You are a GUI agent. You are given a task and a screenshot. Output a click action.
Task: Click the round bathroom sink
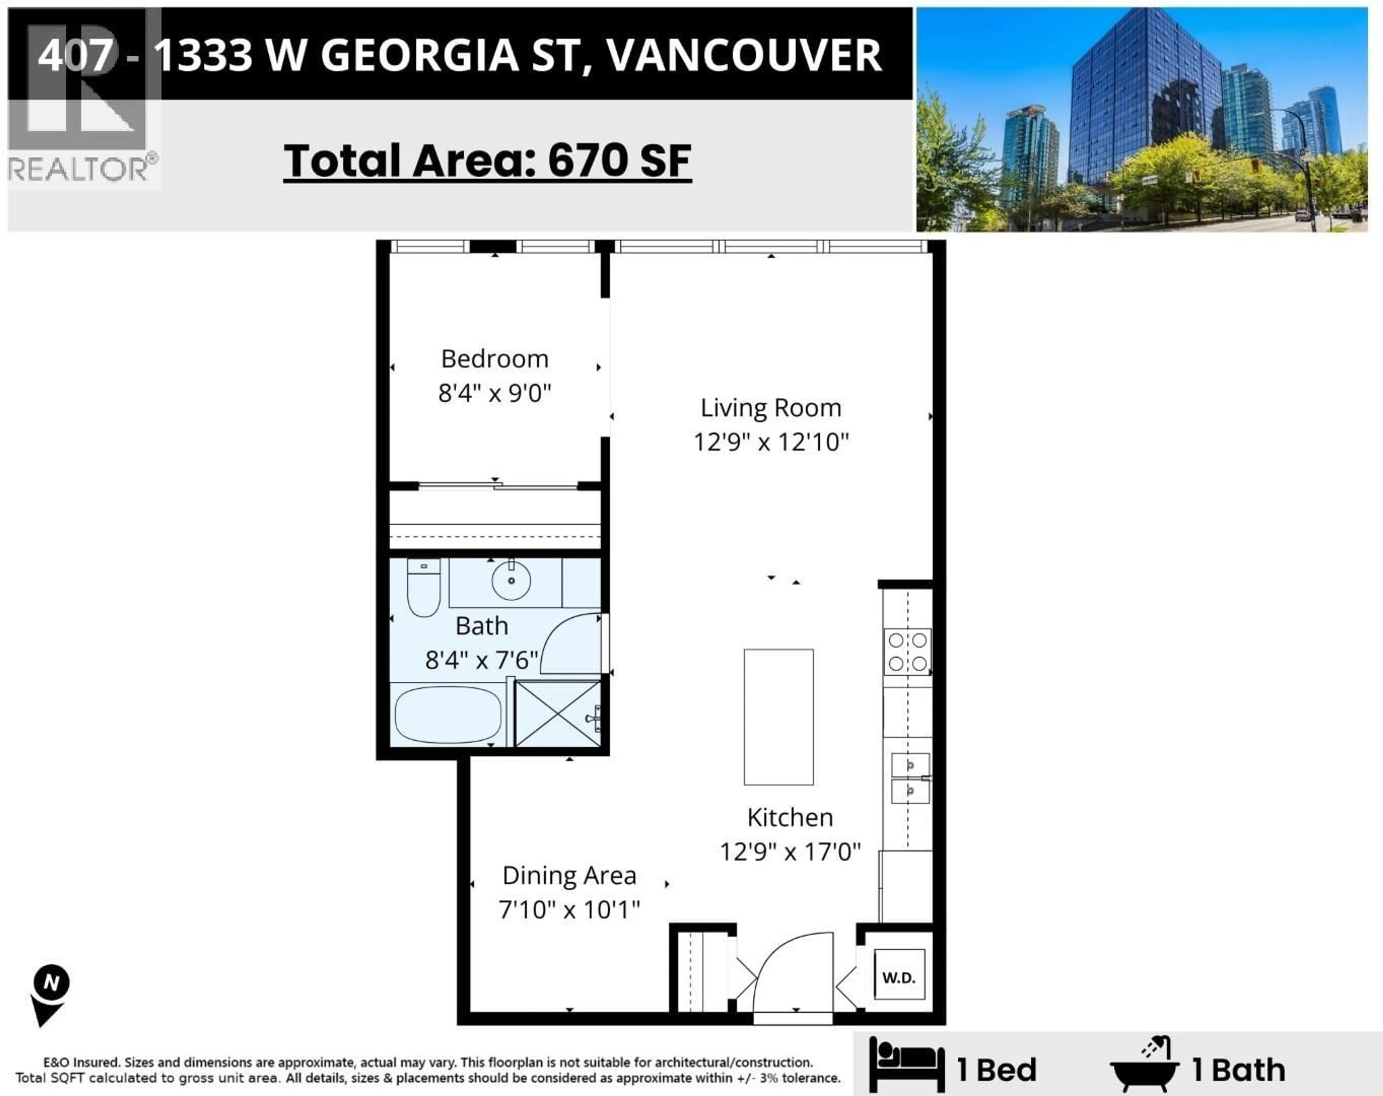tap(511, 580)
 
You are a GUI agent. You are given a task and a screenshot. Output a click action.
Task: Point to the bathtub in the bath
tap(448, 715)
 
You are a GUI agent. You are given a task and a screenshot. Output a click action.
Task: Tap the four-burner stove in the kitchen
tap(907, 652)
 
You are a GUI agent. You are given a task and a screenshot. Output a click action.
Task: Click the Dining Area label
tap(569, 875)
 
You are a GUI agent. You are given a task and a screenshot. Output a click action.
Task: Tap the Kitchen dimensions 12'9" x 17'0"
tap(790, 852)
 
